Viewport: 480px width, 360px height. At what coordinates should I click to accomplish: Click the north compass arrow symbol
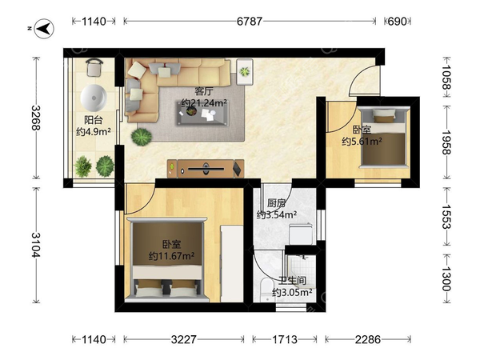[x=44, y=29]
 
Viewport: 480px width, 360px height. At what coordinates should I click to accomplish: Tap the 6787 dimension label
[x=250, y=22]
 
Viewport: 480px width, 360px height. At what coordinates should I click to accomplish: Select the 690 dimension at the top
[x=397, y=22]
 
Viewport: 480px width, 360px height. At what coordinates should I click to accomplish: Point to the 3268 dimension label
[x=36, y=118]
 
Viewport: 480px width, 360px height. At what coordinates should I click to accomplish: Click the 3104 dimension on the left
[x=36, y=245]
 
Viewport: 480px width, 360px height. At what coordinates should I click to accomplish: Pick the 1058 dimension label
[x=447, y=78]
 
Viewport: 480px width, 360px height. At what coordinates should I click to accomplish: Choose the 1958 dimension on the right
[x=447, y=142]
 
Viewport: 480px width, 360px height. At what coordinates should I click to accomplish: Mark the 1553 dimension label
[x=447, y=217]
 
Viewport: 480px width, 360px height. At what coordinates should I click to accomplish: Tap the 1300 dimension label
[x=447, y=278]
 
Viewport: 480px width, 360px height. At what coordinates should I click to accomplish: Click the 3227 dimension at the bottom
[x=184, y=339]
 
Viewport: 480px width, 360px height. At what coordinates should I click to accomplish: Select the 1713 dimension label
[x=284, y=339]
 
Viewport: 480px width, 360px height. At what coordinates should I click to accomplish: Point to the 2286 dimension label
[x=368, y=339]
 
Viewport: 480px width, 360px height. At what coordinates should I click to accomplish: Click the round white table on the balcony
[x=94, y=98]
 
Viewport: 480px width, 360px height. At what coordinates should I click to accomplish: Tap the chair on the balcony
[x=94, y=68]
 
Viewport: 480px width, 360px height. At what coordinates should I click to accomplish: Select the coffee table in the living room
[x=202, y=113]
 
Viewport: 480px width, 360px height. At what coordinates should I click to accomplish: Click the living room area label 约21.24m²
[x=204, y=103]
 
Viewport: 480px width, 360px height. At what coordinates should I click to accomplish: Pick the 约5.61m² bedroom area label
[x=362, y=142]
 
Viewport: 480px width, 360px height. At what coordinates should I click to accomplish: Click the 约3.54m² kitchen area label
[x=277, y=215]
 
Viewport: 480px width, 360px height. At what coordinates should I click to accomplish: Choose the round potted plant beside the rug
[x=142, y=137]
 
